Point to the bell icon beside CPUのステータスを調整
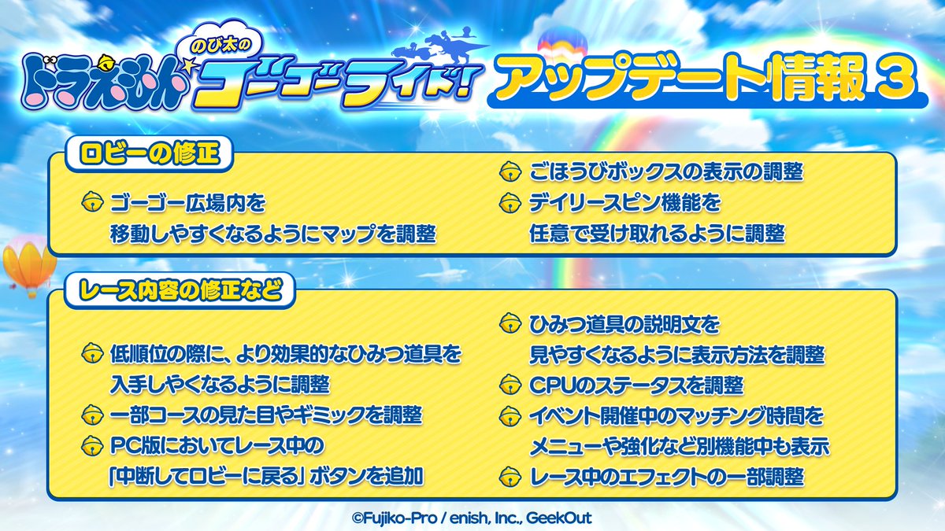[x=511, y=386]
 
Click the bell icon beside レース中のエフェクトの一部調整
[x=511, y=476]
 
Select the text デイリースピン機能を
[x=625, y=205]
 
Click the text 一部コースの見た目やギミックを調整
[x=266, y=415]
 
